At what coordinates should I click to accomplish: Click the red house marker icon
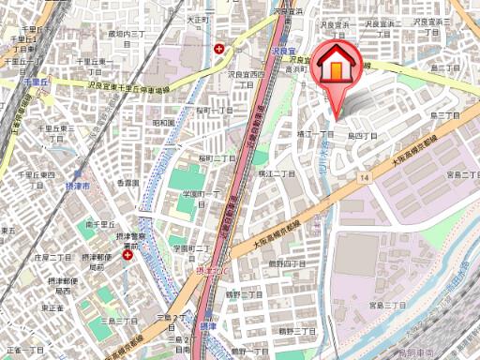[336, 66]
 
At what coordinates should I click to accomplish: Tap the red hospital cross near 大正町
[219, 48]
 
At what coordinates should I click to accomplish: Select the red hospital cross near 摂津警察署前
[127, 253]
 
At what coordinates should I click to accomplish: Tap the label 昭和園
[163, 122]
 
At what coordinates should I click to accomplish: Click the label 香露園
[127, 182]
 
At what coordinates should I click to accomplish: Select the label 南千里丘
[99, 225]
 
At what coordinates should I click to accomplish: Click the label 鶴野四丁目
[287, 263]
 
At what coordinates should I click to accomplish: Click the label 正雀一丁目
[21, 349]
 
